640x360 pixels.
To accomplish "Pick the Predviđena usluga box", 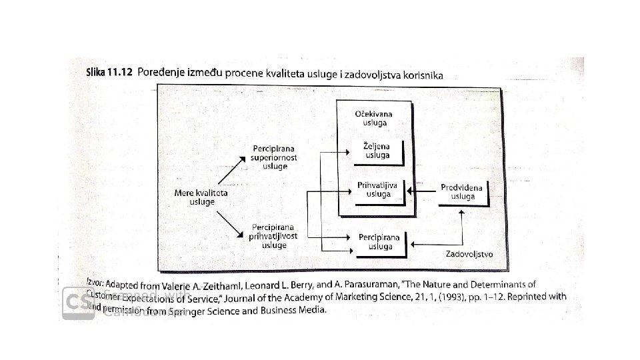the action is coord(463,192).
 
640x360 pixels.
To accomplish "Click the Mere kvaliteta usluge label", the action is coord(201,197).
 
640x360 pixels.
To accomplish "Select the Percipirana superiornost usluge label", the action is coord(274,156).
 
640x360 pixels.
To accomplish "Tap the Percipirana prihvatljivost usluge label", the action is coord(274,236).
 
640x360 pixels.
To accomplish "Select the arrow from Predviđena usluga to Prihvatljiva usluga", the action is coord(420,192).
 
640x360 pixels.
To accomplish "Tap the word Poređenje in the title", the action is coord(163,75).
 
